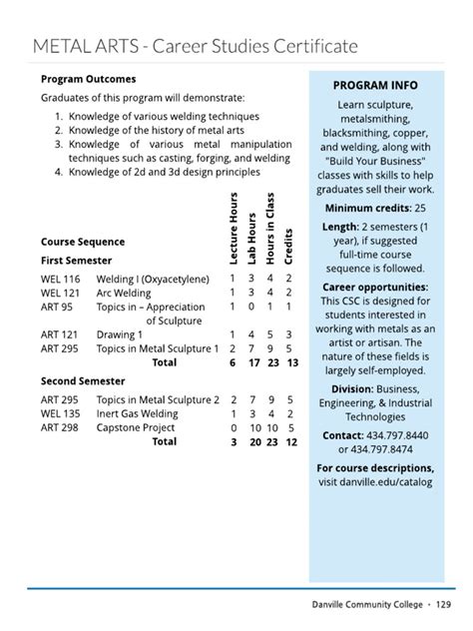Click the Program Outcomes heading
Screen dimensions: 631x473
tap(88, 79)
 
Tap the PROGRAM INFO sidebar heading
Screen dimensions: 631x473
tap(374, 85)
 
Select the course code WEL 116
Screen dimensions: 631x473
tap(60, 278)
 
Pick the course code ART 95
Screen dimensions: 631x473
tap(57, 308)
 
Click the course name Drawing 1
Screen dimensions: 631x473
tap(120, 335)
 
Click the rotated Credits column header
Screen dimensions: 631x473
tap(289, 244)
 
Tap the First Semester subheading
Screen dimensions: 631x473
tap(77, 260)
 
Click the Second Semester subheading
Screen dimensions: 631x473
tap(83, 380)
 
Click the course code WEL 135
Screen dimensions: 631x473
tap(60, 413)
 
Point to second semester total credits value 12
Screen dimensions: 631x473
tap(290, 441)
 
